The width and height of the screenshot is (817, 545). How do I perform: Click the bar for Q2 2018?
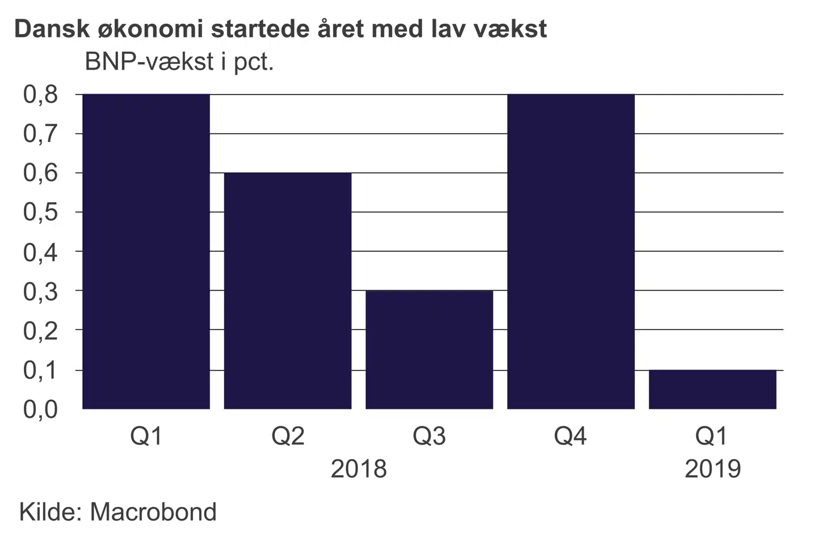tap(288, 290)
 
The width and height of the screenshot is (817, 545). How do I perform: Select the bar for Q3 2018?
tap(429, 349)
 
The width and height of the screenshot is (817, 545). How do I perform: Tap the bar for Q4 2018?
tap(571, 251)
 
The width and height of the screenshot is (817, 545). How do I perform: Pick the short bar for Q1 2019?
tap(712, 389)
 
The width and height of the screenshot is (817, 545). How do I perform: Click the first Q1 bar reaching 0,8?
tap(146, 251)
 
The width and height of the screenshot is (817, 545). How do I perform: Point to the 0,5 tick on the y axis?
tap(40, 212)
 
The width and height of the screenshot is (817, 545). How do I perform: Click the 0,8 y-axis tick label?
tap(40, 94)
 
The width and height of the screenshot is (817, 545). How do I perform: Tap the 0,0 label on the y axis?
tap(40, 409)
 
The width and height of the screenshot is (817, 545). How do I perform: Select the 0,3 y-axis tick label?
tap(40, 291)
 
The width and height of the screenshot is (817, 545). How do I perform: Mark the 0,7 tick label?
tap(40, 134)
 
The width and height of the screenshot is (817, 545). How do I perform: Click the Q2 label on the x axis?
tap(288, 436)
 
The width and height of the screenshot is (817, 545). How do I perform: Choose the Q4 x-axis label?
tap(570, 436)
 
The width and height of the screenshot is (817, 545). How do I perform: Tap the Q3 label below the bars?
tap(429, 436)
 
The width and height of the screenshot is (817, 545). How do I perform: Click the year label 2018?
tap(359, 469)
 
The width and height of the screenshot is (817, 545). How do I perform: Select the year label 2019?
tap(713, 469)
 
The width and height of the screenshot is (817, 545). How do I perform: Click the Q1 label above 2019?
tap(711, 436)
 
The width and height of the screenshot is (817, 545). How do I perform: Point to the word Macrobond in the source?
tap(153, 512)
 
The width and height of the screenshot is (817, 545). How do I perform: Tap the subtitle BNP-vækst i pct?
tap(179, 61)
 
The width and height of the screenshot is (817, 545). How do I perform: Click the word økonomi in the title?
tap(151, 28)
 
